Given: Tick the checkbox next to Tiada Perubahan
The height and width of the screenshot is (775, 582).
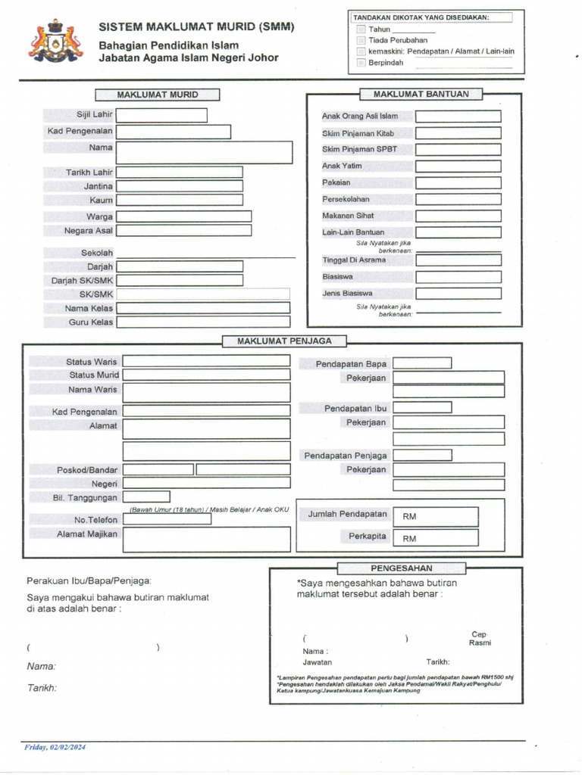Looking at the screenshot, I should click(361, 40).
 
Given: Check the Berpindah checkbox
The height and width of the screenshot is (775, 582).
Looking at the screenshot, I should click(361, 63).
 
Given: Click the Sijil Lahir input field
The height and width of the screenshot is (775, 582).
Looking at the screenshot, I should click(161, 115).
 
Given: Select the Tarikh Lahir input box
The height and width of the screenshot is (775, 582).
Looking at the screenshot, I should click(180, 173).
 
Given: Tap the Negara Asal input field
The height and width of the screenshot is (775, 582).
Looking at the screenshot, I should click(183, 230).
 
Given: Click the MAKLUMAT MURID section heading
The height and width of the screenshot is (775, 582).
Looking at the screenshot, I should click(158, 95).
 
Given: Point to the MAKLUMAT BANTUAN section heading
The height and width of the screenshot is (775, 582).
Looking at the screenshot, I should click(421, 94).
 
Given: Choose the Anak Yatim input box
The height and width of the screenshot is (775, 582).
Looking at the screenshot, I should click(458, 166).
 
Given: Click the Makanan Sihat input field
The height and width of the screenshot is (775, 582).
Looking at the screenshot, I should click(458, 216).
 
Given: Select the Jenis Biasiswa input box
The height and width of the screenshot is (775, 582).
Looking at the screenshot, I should click(458, 294).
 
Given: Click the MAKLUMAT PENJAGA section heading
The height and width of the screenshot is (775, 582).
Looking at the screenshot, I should click(284, 341).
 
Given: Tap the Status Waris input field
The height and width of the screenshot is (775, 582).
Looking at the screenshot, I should click(206, 362).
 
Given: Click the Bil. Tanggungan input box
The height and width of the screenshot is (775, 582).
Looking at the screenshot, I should click(146, 497).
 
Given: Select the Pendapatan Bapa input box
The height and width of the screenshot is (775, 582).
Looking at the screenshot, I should click(422, 364).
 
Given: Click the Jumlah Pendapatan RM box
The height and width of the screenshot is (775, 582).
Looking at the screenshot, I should click(435, 516).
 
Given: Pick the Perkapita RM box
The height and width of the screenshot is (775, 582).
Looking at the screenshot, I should click(435, 538).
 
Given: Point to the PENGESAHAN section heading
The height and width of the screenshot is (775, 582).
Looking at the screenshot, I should click(402, 568).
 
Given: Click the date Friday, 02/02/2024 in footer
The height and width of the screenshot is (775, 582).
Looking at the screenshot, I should click(55, 748).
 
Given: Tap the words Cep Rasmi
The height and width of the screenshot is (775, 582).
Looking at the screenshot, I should click(479, 638).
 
